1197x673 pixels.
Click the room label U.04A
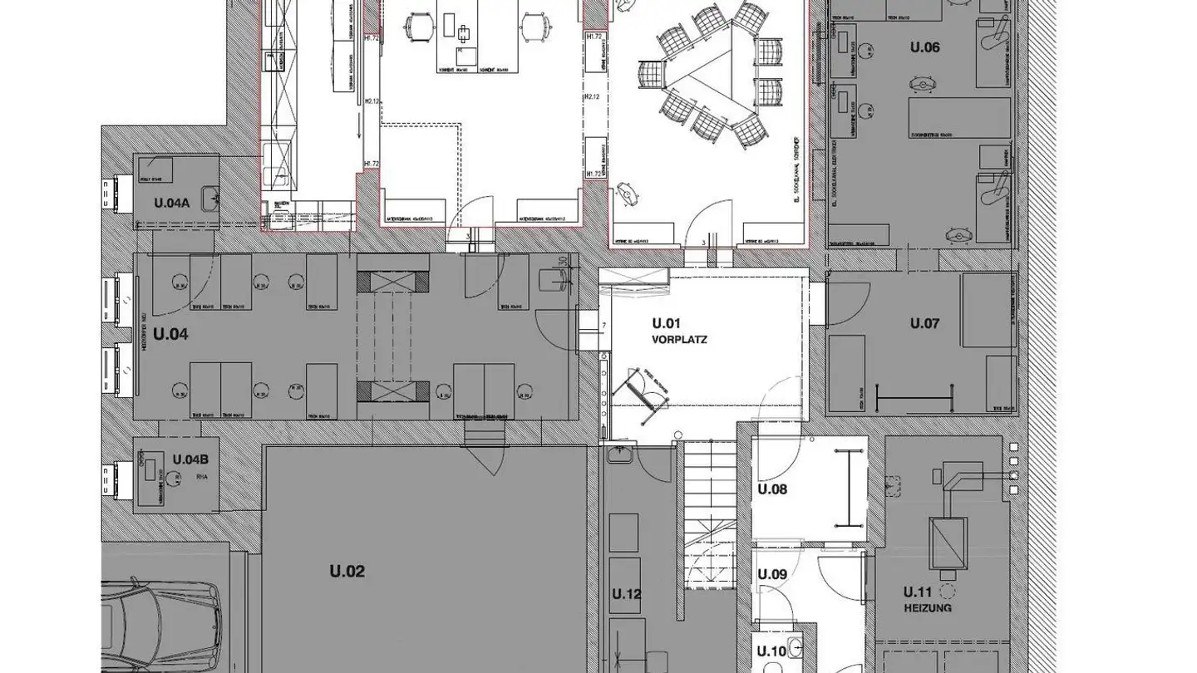(172, 203)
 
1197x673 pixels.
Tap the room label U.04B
(190, 459)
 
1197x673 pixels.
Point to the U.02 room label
(347, 572)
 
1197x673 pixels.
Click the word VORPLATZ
(680, 339)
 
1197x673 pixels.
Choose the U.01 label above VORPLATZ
(667, 323)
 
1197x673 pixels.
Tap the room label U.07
(924, 323)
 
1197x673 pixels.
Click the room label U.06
(924, 47)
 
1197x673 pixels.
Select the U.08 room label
(772, 489)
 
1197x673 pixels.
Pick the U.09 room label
(772, 574)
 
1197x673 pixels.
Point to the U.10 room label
(772, 652)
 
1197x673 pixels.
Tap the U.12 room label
(627, 594)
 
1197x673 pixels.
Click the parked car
(162, 623)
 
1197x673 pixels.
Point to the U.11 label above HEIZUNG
(919, 592)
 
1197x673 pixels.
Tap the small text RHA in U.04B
(200, 477)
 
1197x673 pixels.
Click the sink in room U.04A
(214, 198)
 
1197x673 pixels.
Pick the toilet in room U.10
(796, 646)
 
